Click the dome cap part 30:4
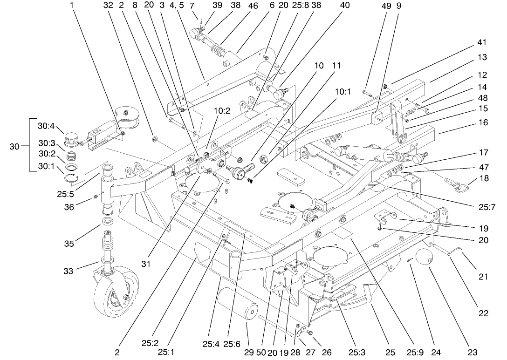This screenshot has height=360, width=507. tap(72, 138)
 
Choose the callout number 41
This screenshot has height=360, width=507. tap(482, 42)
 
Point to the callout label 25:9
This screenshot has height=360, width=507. tap(412, 353)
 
